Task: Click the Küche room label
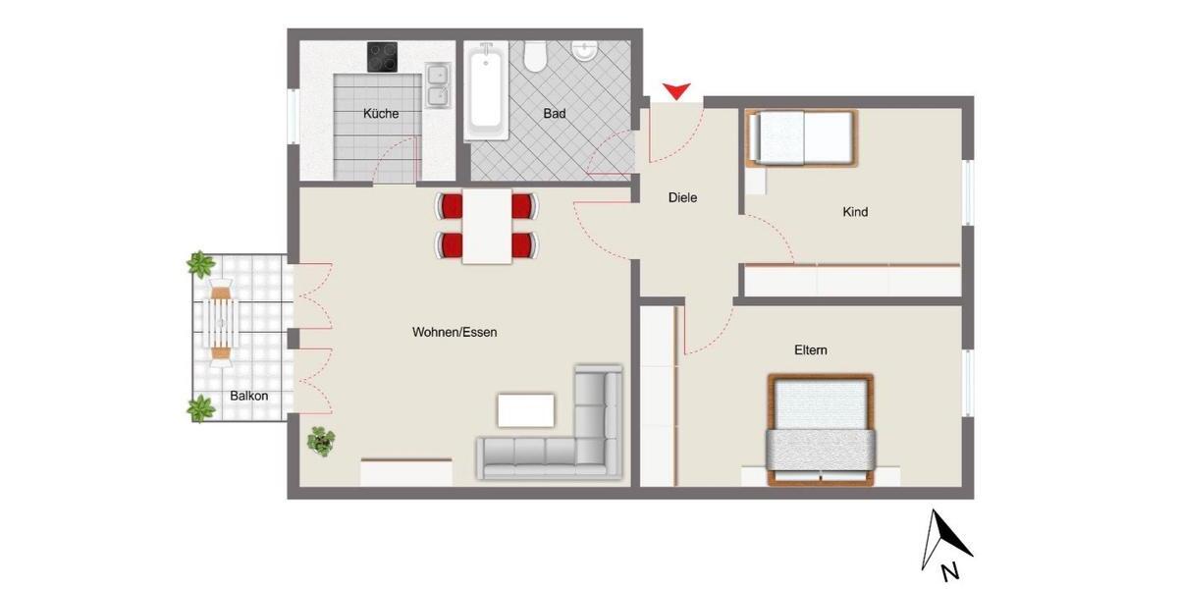pyautogui.click(x=381, y=114)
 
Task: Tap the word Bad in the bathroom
pyautogui.click(x=555, y=114)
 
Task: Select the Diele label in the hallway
pyautogui.click(x=682, y=197)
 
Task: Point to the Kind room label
pyautogui.click(x=855, y=212)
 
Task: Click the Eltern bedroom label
pyautogui.click(x=811, y=350)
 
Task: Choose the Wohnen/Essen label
pyautogui.click(x=455, y=333)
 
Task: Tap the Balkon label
pyautogui.click(x=249, y=397)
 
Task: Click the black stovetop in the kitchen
pyautogui.click(x=382, y=57)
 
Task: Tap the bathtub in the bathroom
pyautogui.click(x=485, y=90)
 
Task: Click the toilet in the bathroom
pyautogui.click(x=535, y=57)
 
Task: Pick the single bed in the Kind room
pyautogui.click(x=802, y=137)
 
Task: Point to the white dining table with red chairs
pyautogui.click(x=487, y=226)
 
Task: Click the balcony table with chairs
pyautogui.click(x=221, y=320)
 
